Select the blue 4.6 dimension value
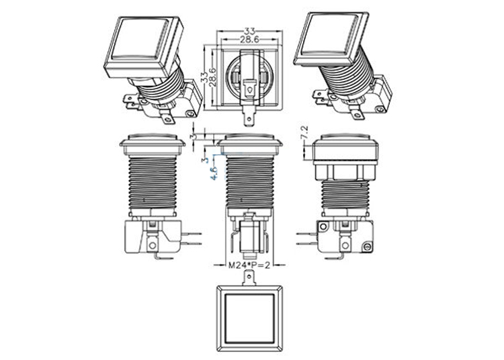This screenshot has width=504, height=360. (x=214, y=172)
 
